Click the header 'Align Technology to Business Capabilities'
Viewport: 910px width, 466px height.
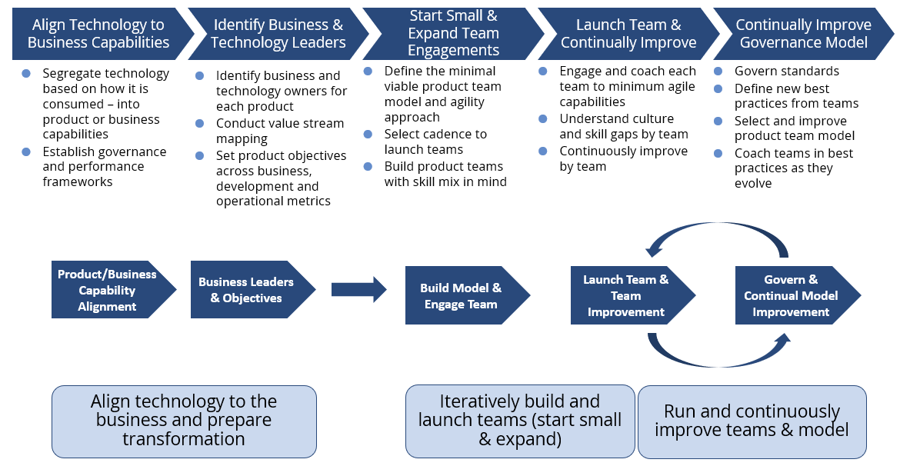[x=98, y=34]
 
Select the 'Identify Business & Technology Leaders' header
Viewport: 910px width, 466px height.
[x=278, y=34]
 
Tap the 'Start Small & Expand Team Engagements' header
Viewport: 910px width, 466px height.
[x=453, y=34]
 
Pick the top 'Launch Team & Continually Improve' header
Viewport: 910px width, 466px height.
[x=628, y=34]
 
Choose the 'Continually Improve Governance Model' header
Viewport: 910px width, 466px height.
[x=802, y=34]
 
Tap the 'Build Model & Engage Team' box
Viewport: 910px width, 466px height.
[x=461, y=296]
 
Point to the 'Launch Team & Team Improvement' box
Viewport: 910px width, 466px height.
[x=625, y=296]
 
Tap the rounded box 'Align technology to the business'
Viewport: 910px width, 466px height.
[x=184, y=421]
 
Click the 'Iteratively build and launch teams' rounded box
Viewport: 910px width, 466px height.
[x=520, y=421]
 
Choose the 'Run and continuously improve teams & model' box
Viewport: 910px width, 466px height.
[x=752, y=421]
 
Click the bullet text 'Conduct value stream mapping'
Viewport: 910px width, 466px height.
[x=279, y=131]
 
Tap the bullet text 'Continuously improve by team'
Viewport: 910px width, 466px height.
[x=623, y=158]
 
